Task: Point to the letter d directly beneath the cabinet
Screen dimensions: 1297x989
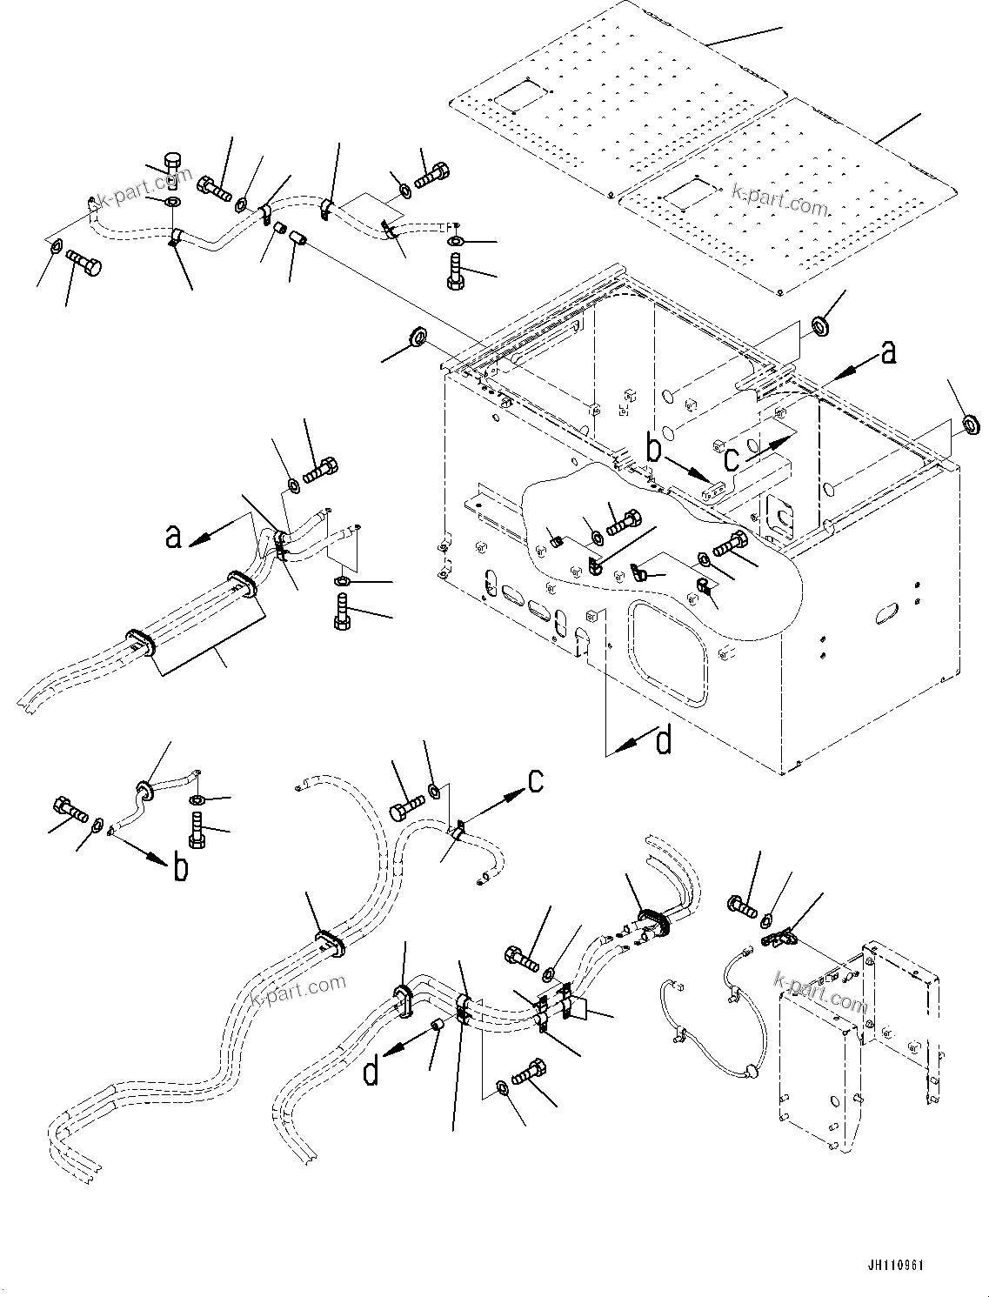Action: coord(663,741)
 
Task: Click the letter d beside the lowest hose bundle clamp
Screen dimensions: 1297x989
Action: coord(371,1071)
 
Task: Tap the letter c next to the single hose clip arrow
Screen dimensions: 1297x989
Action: coord(537,780)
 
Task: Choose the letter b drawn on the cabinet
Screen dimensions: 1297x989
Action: coord(655,450)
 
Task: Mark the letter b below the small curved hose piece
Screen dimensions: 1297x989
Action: coord(180,867)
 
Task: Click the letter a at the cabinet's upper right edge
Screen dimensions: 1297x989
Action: coord(887,351)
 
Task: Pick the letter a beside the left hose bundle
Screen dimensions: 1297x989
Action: coord(174,537)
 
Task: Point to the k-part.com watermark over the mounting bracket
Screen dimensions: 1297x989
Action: coord(820,992)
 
